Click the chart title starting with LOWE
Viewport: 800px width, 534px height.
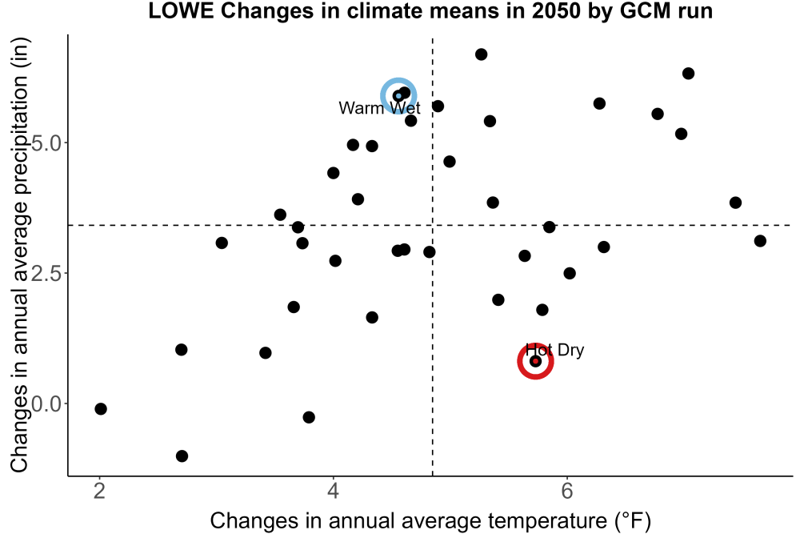(x=430, y=10)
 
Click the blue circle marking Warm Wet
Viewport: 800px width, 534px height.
(x=398, y=79)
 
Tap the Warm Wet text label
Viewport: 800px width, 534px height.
(x=379, y=108)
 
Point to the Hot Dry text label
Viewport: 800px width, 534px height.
(x=554, y=350)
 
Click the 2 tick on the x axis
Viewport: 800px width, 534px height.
(x=99, y=491)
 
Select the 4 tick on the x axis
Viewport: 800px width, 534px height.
(x=333, y=491)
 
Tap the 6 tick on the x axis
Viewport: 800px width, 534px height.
(x=567, y=491)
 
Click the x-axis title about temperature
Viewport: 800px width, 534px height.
(x=430, y=521)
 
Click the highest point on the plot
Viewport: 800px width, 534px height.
(x=481, y=54)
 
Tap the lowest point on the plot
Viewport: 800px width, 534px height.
(x=182, y=456)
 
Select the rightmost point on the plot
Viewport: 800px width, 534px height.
(x=760, y=241)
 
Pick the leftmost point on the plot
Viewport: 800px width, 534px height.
(x=101, y=408)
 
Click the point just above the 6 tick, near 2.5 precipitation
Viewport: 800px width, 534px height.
(x=570, y=273)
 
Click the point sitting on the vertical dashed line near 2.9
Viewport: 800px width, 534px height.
(x=430, y=251)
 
